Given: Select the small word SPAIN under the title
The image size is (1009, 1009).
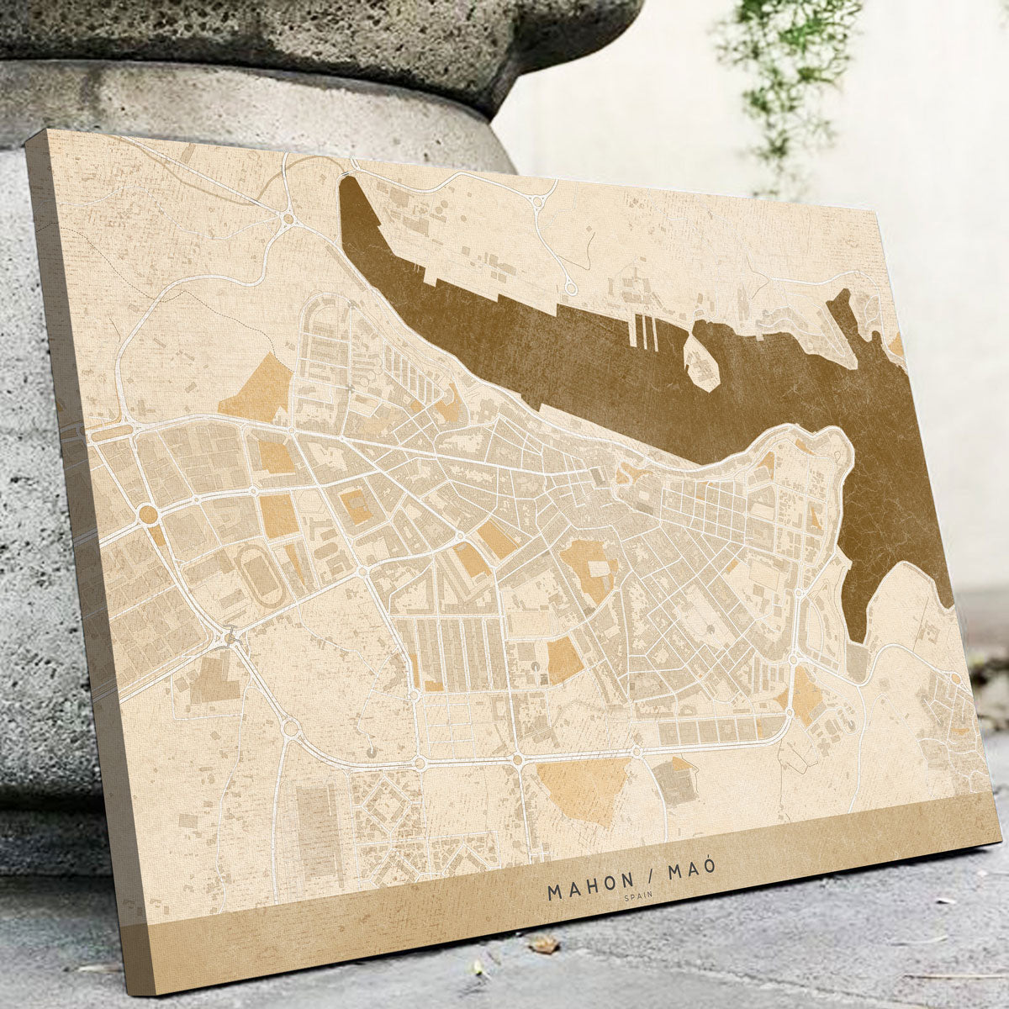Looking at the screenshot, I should click(x=638, y=896).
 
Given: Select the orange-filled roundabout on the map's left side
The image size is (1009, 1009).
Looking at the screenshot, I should click(x=148, y=513).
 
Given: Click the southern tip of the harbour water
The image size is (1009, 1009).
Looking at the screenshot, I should click(x=857, y=639).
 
